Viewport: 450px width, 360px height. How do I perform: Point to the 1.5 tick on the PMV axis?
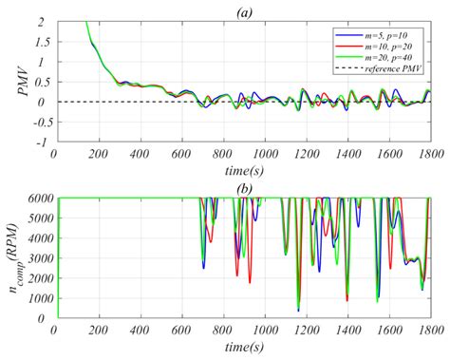[x=41, y=41]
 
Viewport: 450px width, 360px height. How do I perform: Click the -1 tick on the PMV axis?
[x=44, y=142]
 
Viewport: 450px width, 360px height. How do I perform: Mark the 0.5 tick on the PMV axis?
[x=41, y=82]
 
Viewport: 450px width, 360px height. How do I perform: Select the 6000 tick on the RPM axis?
[x=36, y=199]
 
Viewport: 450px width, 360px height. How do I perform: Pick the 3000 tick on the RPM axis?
[x=36, y=258]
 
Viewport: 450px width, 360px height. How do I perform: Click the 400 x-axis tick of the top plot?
[x=139, y=156]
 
